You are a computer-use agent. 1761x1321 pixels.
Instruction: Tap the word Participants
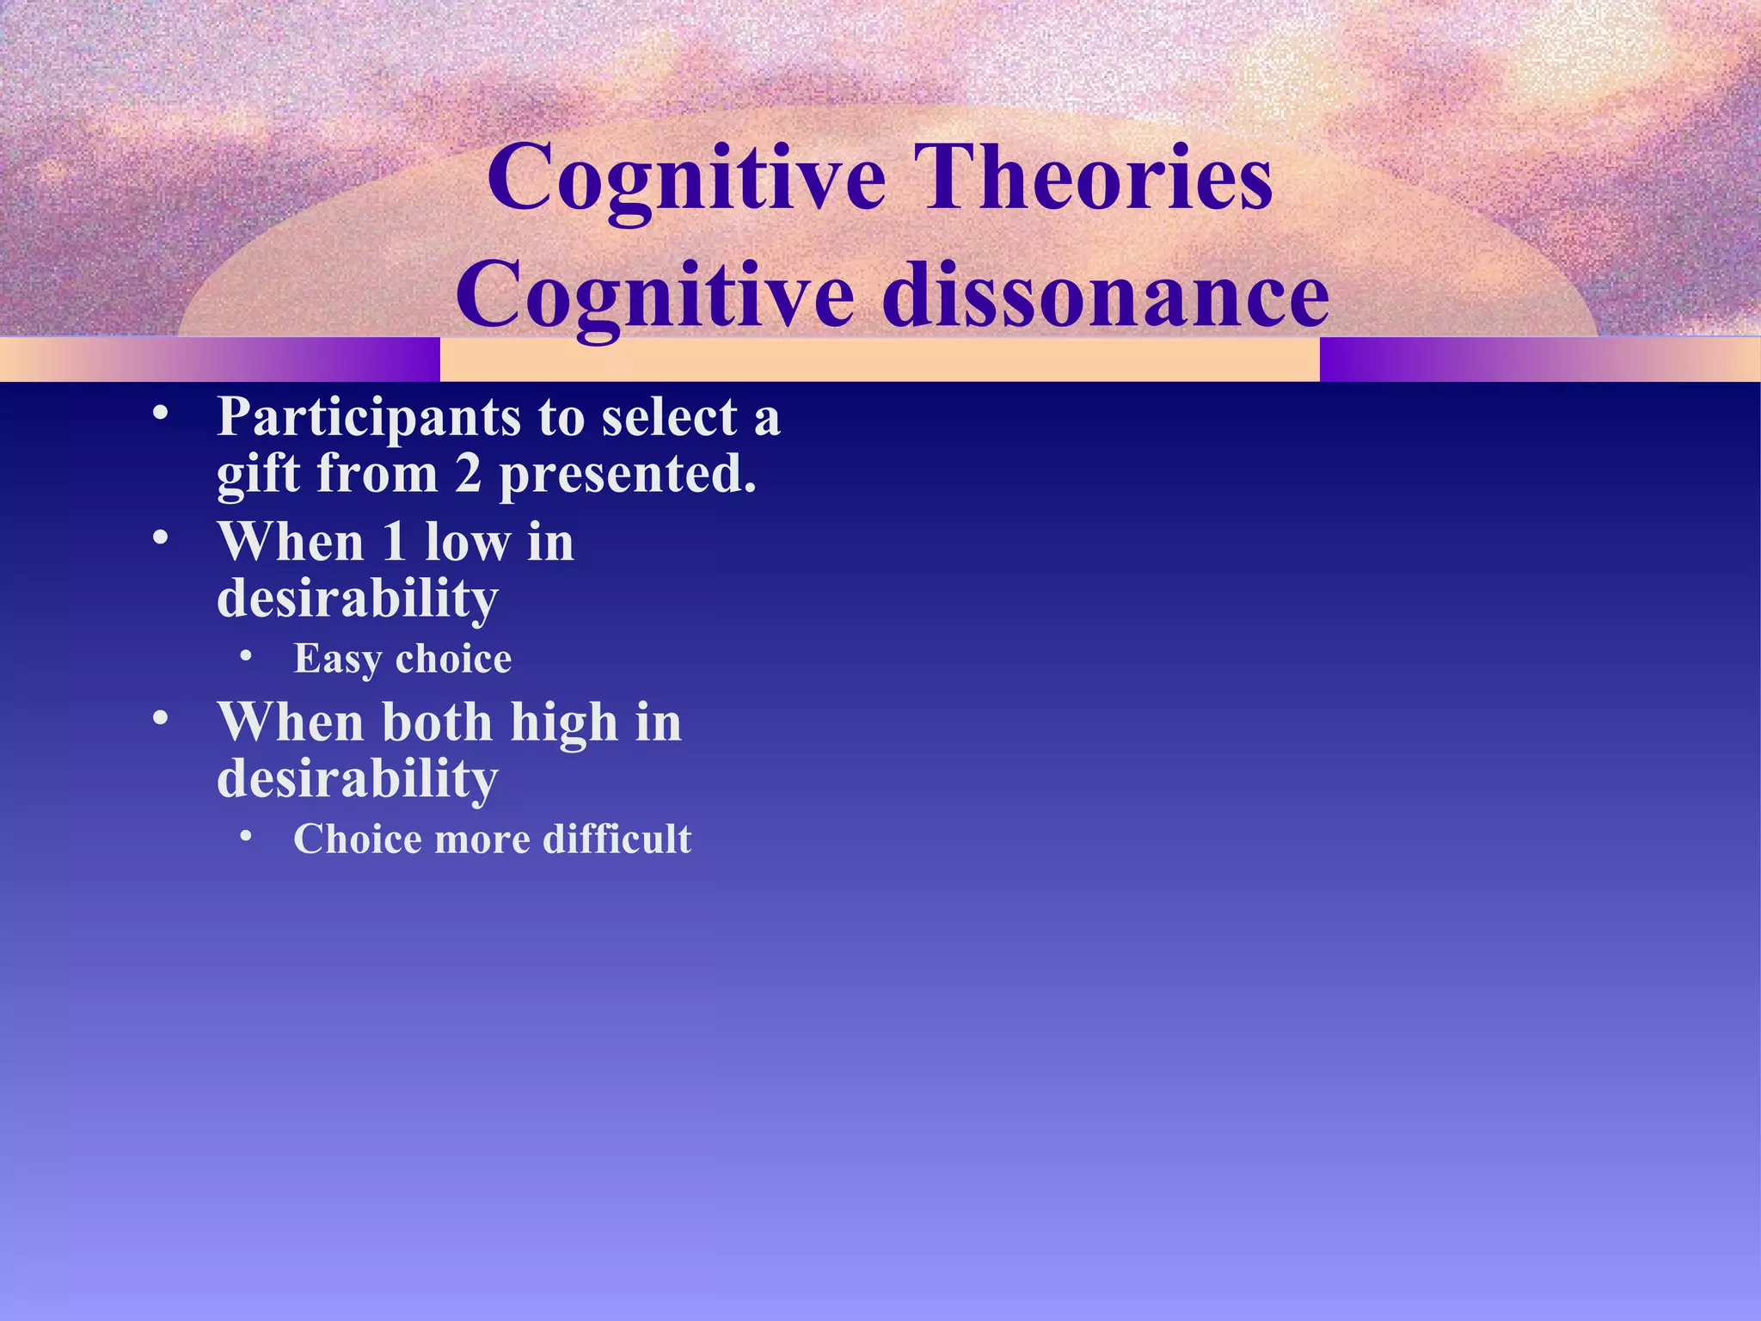[x=369, y=419]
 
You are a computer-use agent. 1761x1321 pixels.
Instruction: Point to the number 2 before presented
[x=468, y=474]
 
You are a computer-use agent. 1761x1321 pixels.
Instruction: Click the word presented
[x=628, y=476]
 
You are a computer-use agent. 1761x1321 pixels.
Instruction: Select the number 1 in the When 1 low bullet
[x=394, y=543]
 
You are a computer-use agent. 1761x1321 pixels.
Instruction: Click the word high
[x=564, y=723]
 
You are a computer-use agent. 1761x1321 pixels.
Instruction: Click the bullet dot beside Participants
[x=160, y=415]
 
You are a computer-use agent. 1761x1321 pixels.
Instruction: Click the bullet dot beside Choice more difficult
[x=247, y=836]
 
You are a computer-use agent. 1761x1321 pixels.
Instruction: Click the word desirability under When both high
[x=358, y=779]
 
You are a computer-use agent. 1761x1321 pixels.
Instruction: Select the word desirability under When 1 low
[x=358, y=599]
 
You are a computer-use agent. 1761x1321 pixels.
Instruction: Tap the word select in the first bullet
[x=669, y=418]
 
